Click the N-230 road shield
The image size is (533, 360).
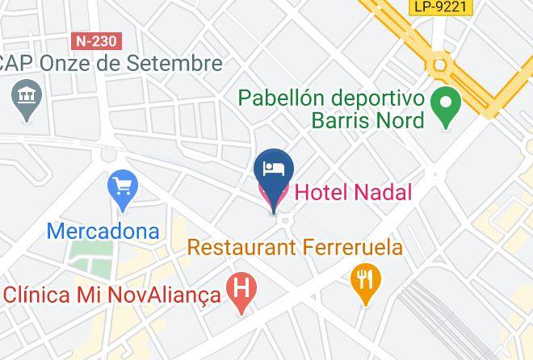coord(94,40)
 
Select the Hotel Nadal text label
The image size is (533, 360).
coord(352,192)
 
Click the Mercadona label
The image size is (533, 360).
coord(103,230)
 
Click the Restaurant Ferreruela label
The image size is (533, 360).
coord(295,247)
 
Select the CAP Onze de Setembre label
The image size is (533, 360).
coord(111,63)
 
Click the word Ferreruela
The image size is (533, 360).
coord(353,247)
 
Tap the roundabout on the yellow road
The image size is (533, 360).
coord(439,64)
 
